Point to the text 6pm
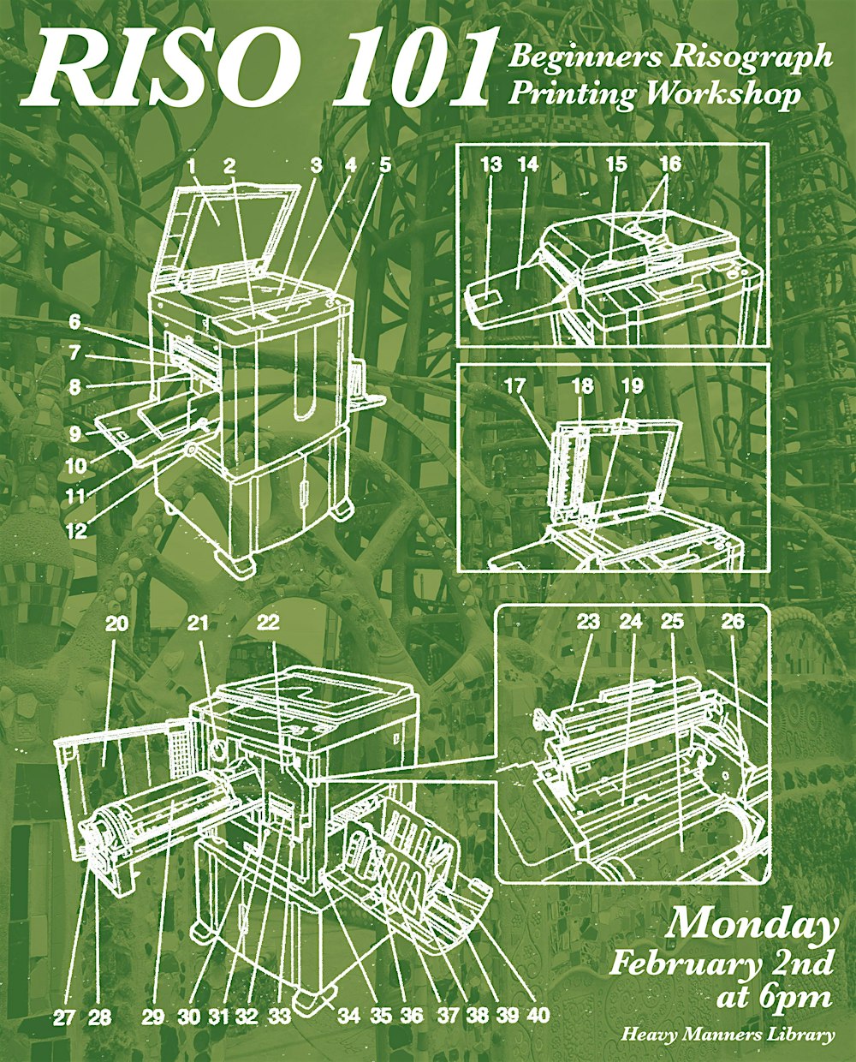click(797, 997)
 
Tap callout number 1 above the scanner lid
click(193, 164)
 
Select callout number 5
click(385, 164)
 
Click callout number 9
click(76, 434)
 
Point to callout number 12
click(76, 531)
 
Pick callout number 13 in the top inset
click(490, 164)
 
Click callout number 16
click(670, 164)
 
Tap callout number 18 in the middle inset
click(583, 386)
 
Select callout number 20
click(117, 623)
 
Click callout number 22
click(268, 623)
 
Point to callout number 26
click(733, 623)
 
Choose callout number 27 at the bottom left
click(64, 1017)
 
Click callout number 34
click(348, 1017)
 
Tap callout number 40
click(538, 1017)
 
